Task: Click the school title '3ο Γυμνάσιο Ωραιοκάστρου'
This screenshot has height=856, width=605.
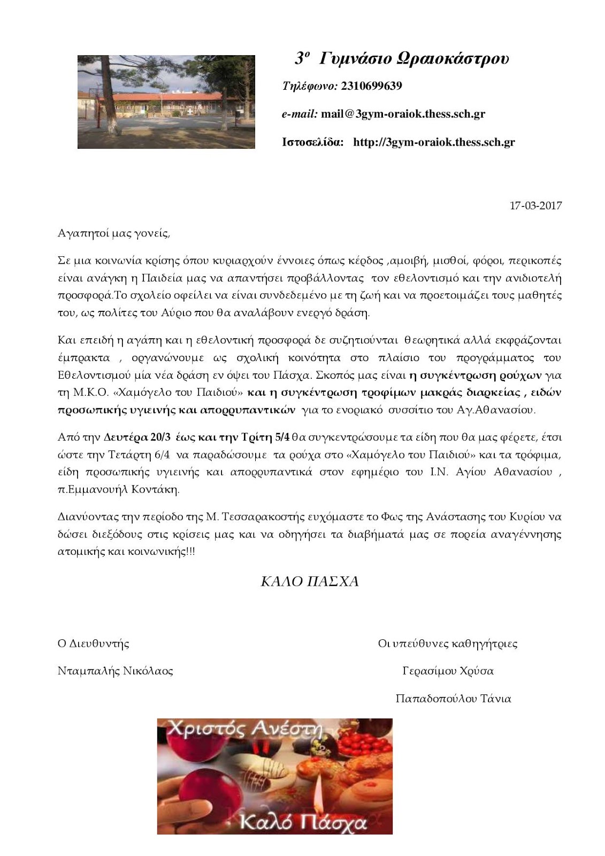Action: click(x=402, y=58)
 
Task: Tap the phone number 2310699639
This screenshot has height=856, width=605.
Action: click(x=371, y=86)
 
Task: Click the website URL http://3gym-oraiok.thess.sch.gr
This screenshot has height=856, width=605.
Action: click(x=434, y=142)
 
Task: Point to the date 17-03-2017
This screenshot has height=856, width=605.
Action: click(x=535, y=205)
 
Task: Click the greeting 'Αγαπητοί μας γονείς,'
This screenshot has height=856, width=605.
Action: click(x=113, y=233)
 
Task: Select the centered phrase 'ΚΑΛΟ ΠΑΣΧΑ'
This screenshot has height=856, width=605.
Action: click(x=309, y=582)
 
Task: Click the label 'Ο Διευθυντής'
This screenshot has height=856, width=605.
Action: click(x=93, y=644)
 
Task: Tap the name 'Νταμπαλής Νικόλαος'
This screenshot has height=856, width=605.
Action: click(x=115, y=671)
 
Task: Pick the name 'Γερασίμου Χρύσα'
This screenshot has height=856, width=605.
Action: click(x=448, y=671)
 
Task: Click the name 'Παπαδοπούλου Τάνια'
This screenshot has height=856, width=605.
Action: click(x=453, y=699)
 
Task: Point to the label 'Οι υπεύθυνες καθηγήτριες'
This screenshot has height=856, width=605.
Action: click(x=448, y=644)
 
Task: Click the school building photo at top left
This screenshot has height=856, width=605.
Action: click(x=166, y=102)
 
